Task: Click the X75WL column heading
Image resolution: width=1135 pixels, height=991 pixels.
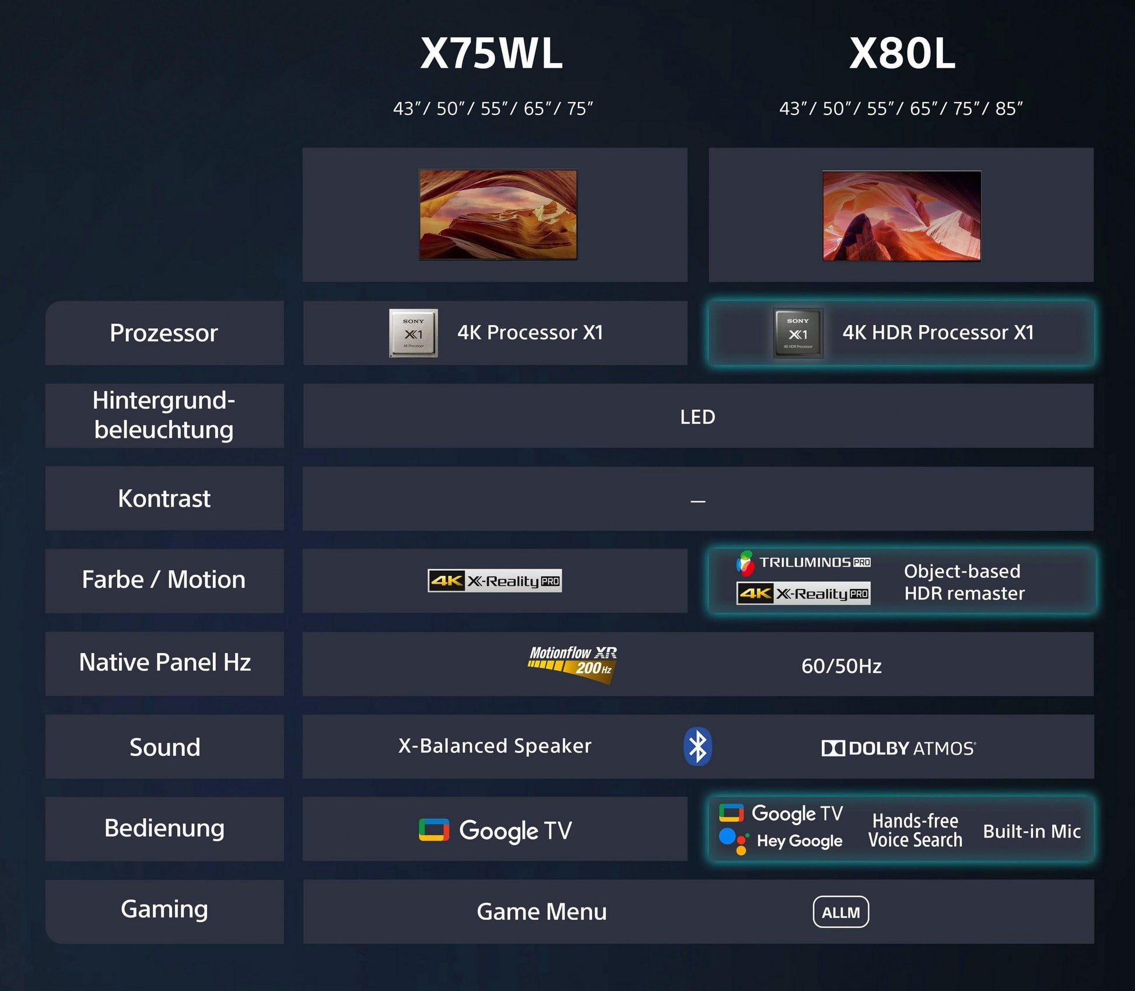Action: [x=492, y=54]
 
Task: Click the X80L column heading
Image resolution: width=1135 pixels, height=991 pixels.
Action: [x=902, y=54]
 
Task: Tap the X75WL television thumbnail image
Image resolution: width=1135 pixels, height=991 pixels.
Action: [x=498, y=215]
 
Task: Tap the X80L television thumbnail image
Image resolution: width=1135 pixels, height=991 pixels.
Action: [x=902, y=216]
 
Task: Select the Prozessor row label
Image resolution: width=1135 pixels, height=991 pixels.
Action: [x=164, y=333]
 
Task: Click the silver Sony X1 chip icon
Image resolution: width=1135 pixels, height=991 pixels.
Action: [x=414, y=333]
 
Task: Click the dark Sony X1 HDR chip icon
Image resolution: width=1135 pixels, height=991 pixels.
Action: [x=798, y=333]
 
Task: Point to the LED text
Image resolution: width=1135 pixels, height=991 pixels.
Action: [x=698, y=417]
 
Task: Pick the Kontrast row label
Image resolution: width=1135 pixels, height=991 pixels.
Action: [x=164, y=499]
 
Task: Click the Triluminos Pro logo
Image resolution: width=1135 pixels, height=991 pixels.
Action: [x=805, y=563]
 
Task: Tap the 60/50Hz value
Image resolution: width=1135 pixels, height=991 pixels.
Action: [x=841, y=666]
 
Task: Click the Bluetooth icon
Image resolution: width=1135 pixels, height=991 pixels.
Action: [x=698, y=746]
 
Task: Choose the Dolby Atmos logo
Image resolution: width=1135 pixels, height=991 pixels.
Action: [x=898, y=748]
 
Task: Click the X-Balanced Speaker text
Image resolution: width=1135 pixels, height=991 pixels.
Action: [x=495, y=746]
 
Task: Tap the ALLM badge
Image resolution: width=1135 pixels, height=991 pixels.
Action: [x=840, y=912]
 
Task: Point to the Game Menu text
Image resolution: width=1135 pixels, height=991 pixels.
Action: [x=541, y=912]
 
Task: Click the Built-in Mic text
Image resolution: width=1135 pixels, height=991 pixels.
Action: [x=1032, y=831]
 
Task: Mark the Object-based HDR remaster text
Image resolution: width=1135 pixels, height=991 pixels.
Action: [x=964, y=582]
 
